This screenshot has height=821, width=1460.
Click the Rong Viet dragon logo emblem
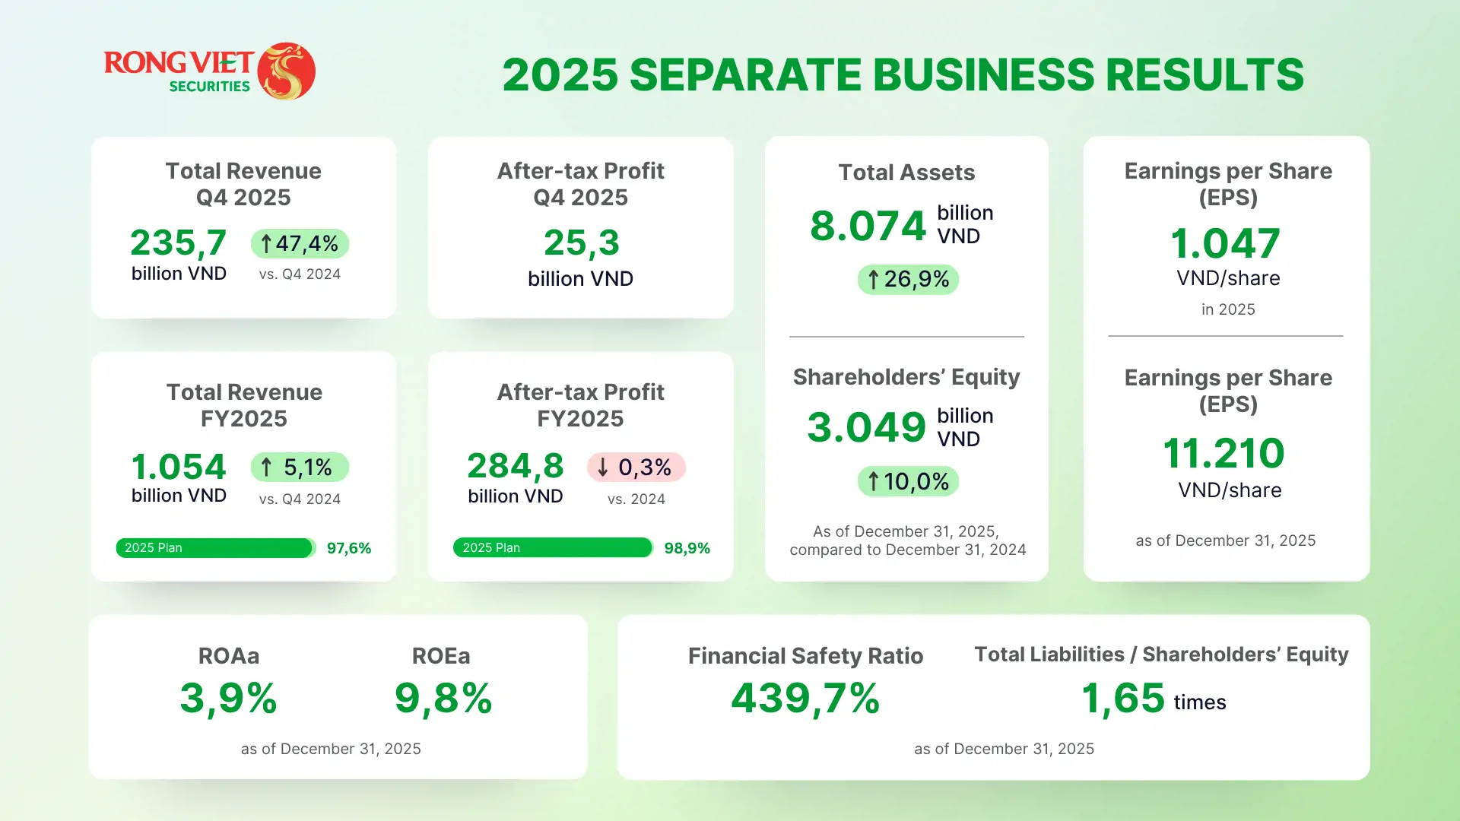click(x=287, y=71)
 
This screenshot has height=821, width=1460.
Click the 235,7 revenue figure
click(x=179, y=243)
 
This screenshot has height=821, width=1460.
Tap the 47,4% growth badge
click(x=300, y=243)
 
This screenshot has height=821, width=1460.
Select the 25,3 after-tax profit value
click(x=582, y=243)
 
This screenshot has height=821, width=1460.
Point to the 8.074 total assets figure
click(x=868, y=226)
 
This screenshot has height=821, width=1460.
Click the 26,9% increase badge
click(x=908, y=279)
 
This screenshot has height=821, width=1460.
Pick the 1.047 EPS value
click(x=1226, y=244)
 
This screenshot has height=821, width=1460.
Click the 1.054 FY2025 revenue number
click(x=179, y=467)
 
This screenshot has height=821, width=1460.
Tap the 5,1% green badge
click(x=300, y=467)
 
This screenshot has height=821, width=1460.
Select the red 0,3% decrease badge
click(x=636, y=467)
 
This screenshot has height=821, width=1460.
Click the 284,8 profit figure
click(x=516, y=466)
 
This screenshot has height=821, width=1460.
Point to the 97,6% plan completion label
click(x=349, y=548)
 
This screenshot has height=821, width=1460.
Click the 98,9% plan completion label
click(x=687, y=548)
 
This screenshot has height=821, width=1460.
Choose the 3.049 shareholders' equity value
click(x=867, y=427)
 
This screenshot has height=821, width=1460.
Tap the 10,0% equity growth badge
click(x=908, y=481)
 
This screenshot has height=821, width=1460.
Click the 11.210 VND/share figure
click(x=1224, y=453)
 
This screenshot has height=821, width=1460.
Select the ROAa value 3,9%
click(x=228, y=699)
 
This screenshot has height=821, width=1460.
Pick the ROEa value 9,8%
click(x=443, y=699)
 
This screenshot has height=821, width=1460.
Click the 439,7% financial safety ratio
click(x=805, y=699)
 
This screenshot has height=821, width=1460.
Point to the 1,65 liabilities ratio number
click(x=1122, y=699)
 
